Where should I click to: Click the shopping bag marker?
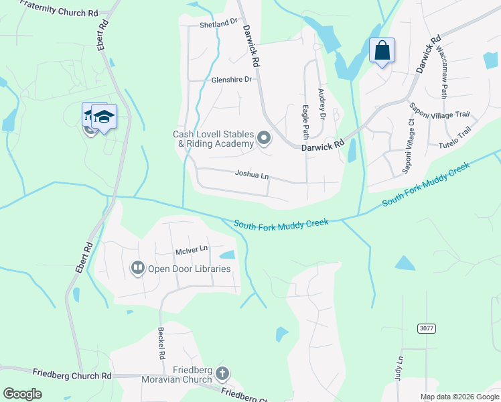pyautogui.click(x=382, y=50)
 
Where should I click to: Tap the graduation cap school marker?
pyautogui.click(x=104, y=117)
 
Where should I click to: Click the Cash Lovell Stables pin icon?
pyautogui.click(x=264, y=139)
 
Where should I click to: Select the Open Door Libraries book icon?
pyautogui.click(x=138, y=269)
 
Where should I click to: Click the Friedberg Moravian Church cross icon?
pyautogui.click(x=222, y=374)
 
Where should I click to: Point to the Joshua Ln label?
pyautogui.click(x=252, y=175)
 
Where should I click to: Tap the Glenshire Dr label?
pyautogui.click(x=231, y=80)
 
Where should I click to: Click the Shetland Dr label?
pyautogui.click(x=218, y=23)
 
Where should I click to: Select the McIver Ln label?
pyautogui.click(x=192, y=250)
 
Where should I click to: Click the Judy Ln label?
pyautogui.click(x=400, y=369)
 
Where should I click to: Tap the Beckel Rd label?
pyautogui.click(x=161, y=343)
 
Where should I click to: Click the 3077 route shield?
pyautogui.click(x=425, y=328)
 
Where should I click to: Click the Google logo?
pyautogui.click(x=22, y=394)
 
